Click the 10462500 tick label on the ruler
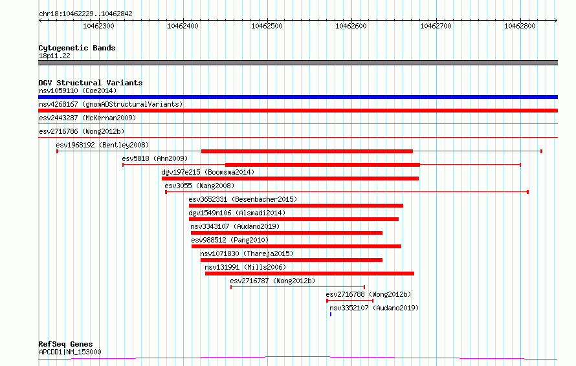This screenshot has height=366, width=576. [267, 26]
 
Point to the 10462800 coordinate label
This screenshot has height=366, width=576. [520, 26]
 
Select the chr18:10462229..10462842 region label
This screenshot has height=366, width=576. [85, 14]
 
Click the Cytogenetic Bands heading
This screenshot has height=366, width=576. [77, 48]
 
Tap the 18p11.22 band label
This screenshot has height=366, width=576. [54, 56]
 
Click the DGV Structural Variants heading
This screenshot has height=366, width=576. [91, 83]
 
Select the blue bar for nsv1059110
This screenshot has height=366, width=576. [298, 97]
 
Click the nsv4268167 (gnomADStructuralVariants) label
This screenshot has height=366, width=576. [111, 104]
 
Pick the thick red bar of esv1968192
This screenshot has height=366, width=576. [307, 151]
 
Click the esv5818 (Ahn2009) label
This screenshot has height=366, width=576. [155, 158]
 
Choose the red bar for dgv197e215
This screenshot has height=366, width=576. [290, 178]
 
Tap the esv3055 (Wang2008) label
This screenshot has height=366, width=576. [199, 186]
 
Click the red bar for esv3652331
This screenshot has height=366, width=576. [296, 206]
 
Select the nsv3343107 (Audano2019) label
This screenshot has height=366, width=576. [235, 226]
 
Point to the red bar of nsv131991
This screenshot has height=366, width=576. [309, 274]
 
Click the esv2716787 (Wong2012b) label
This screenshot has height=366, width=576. [272, 281]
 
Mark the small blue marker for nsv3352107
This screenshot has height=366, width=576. [331, 314]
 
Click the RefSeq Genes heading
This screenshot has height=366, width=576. [65, 344]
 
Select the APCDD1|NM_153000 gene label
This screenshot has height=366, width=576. [70, 352]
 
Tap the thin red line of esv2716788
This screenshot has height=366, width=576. [350, 301]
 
